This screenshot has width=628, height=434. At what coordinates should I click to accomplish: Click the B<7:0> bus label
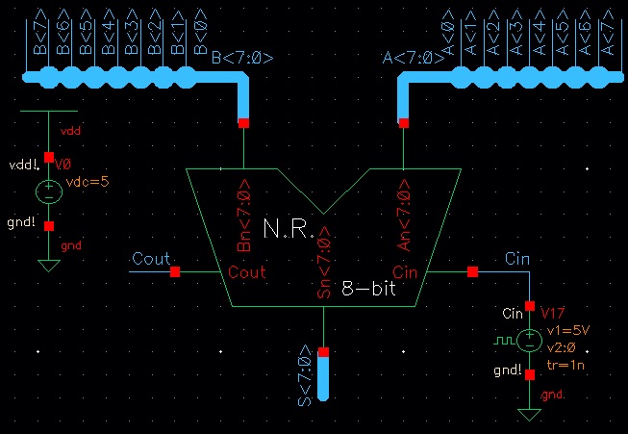point(242,58)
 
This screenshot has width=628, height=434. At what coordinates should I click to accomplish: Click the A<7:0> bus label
point(414,58)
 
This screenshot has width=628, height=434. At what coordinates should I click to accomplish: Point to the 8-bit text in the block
point(374,287)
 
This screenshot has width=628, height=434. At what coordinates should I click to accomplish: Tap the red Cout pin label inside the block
point(247,272)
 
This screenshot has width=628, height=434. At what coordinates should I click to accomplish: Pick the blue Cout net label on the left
point(151,258)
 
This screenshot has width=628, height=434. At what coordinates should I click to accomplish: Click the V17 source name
point(553,314)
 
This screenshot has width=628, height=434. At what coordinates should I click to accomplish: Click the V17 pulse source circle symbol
point(529,340)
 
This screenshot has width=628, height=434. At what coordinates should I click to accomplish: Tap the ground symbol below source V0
point(48,266)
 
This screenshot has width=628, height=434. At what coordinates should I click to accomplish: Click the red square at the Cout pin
point(175,272)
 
